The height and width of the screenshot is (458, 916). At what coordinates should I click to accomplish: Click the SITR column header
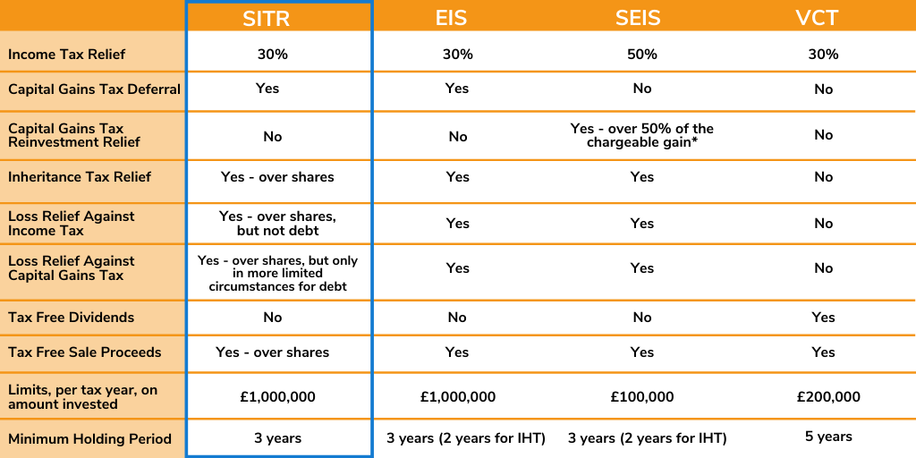267,18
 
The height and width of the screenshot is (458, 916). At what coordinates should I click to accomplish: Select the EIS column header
452,18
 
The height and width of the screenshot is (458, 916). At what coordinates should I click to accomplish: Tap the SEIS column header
638,18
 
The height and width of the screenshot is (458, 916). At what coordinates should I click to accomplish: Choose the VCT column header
817,18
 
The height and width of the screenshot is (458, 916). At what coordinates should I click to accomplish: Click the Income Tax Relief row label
66,55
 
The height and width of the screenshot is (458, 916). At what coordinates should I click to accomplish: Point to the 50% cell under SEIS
642,55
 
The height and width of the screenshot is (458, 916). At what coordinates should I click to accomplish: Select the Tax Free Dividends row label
72,318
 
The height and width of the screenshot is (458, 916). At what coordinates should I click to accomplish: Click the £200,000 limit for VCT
828,397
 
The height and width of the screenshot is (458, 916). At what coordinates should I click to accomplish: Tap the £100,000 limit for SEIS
642,397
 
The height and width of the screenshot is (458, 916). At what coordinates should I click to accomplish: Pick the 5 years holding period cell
828,437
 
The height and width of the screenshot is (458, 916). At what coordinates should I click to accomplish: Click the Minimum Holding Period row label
90,439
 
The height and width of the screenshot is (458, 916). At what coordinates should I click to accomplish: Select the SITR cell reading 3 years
277,438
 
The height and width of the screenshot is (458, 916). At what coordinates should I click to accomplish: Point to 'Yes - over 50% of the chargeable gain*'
642,136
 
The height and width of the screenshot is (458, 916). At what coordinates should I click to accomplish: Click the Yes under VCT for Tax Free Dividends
823,318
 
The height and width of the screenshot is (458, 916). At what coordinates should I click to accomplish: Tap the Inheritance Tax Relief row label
80,177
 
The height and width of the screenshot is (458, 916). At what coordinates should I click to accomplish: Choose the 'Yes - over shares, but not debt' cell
277,223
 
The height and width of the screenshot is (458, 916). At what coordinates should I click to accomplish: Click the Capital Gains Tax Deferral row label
94,89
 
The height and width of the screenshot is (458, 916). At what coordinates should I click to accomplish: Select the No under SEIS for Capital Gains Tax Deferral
642,89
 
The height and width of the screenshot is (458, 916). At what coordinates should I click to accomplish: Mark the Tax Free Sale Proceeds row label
85,352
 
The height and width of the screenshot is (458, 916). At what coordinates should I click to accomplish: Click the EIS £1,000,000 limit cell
457,397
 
